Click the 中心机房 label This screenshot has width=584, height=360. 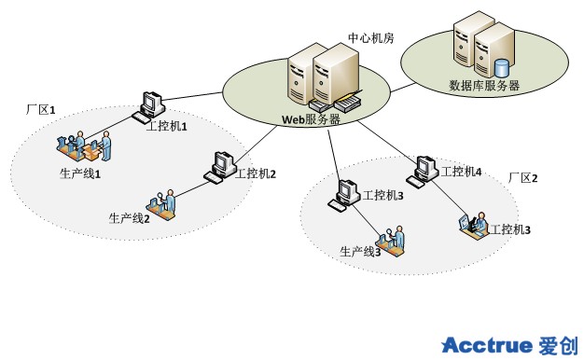pos(371,38)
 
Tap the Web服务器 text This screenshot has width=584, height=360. pos(311,119)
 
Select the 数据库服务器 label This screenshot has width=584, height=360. pos(484,85)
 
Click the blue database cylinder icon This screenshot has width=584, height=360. pos(501,67)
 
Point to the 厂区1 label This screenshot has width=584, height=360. pos(41,110)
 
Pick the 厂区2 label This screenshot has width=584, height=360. pos(523,178)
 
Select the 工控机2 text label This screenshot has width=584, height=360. pos(256,173)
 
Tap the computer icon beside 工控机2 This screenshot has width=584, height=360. pos(220,168)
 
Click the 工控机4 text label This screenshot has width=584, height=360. pos(461,172)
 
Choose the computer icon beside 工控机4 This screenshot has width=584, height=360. pos(423,172)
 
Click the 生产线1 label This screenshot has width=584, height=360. pos(80,173)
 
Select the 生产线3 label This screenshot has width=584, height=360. pos(360,252)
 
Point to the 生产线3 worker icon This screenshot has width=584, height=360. pos(392,241)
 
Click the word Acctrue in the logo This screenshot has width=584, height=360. pos(487,345)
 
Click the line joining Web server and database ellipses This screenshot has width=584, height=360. pos(404,87)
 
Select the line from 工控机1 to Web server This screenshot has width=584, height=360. pos(193,96)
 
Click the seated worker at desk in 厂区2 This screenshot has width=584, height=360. pos(473,225)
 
